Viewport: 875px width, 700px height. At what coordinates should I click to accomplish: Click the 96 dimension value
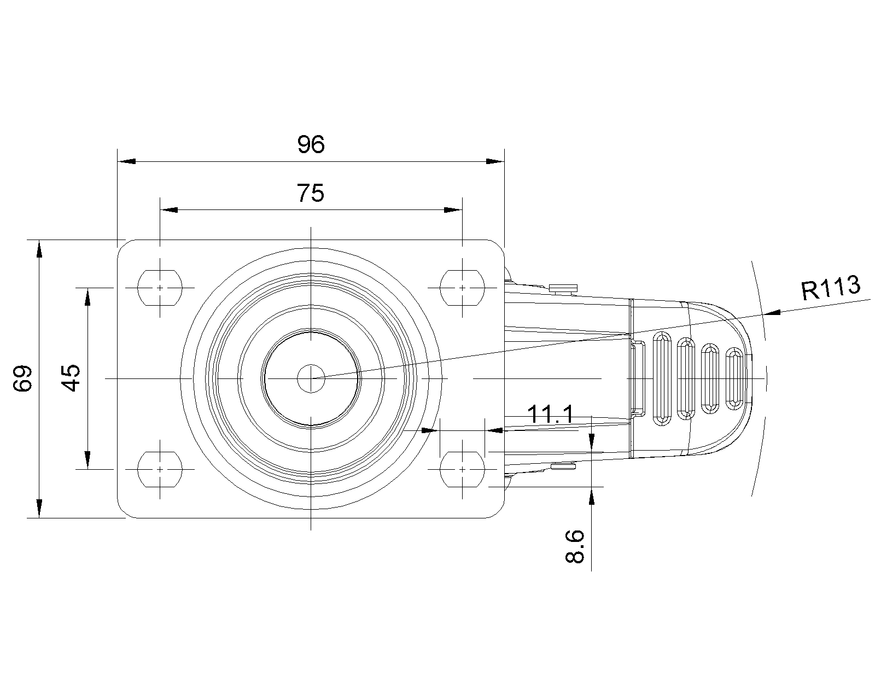(x=311, y=144)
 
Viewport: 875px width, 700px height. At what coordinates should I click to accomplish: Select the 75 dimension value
(x=311, y=193)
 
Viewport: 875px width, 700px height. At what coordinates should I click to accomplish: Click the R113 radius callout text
(x=831, y=288)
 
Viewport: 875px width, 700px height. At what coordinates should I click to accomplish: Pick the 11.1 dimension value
(x=550, y=415)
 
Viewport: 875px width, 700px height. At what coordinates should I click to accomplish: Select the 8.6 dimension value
(x=575, y=546)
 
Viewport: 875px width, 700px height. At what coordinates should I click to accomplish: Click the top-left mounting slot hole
(x=160, y=288)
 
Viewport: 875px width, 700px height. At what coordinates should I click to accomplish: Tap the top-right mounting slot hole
(x=462, y=288)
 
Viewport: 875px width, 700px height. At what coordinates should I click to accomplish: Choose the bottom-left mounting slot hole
(x=160, y=469)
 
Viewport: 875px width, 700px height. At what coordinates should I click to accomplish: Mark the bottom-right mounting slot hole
(x=462, y=469)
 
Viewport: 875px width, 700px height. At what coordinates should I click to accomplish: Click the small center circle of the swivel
(x=311, y=378)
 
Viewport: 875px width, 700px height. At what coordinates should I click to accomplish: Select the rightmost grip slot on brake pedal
(x=734, y=378)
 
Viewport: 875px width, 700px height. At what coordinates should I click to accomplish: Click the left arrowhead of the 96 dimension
(x=126, y=161)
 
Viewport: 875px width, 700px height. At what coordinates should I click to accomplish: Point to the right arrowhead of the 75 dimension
(x=453, y=210)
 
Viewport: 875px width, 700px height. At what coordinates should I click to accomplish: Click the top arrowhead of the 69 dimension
(x=39, y=249)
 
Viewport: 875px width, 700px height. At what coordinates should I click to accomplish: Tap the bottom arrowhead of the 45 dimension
(x=87, y=459)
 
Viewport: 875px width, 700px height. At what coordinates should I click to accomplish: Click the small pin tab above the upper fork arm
(x=563, y=288)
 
